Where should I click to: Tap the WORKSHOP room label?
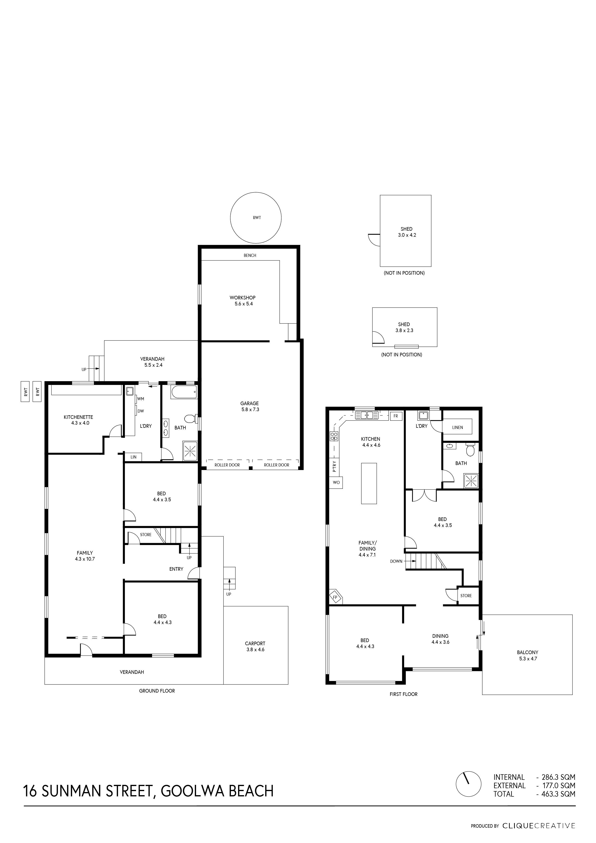point(243,298)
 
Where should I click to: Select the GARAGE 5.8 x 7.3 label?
point(250,406)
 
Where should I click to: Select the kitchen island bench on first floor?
point(369,483)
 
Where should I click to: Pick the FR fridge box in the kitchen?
point(396,416)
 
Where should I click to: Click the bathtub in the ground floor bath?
point(184,392)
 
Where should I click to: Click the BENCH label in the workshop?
point(250,255)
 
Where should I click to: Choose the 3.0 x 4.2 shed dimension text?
point(407,235)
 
